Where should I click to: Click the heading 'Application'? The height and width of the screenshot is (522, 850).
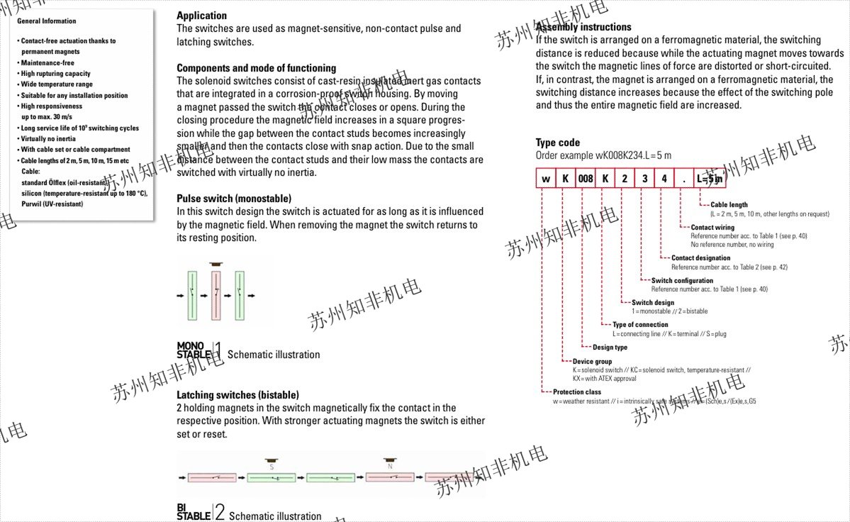click(201, 16)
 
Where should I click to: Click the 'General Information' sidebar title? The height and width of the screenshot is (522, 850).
click(47, 21)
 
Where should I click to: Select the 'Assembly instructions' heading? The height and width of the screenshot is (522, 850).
click(583, 27)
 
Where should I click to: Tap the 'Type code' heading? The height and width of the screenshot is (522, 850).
click(557, 143)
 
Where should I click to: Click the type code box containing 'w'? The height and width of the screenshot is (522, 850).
click(546, 179)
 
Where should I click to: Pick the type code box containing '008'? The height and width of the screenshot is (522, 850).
click(586, 179)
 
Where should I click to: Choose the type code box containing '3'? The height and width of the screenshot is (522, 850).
click(644, 179)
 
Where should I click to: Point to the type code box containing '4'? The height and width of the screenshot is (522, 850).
click(664, 179)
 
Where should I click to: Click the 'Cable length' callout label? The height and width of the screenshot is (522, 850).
click(729, 205)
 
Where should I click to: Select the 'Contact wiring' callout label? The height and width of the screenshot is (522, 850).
click(712, 228)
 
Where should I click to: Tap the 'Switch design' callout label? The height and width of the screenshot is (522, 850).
click(653, 303)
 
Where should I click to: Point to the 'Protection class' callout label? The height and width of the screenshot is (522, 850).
click(577, 391)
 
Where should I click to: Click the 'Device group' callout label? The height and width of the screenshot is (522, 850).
click(592, 362)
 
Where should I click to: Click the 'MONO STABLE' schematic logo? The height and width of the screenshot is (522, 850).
click(194, 350)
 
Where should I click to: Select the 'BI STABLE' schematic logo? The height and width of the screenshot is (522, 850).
click(194, 511)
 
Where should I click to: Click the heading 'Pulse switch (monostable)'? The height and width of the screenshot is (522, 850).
click(233, 199)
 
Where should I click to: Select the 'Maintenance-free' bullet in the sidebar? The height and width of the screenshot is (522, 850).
click(47, 63)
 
